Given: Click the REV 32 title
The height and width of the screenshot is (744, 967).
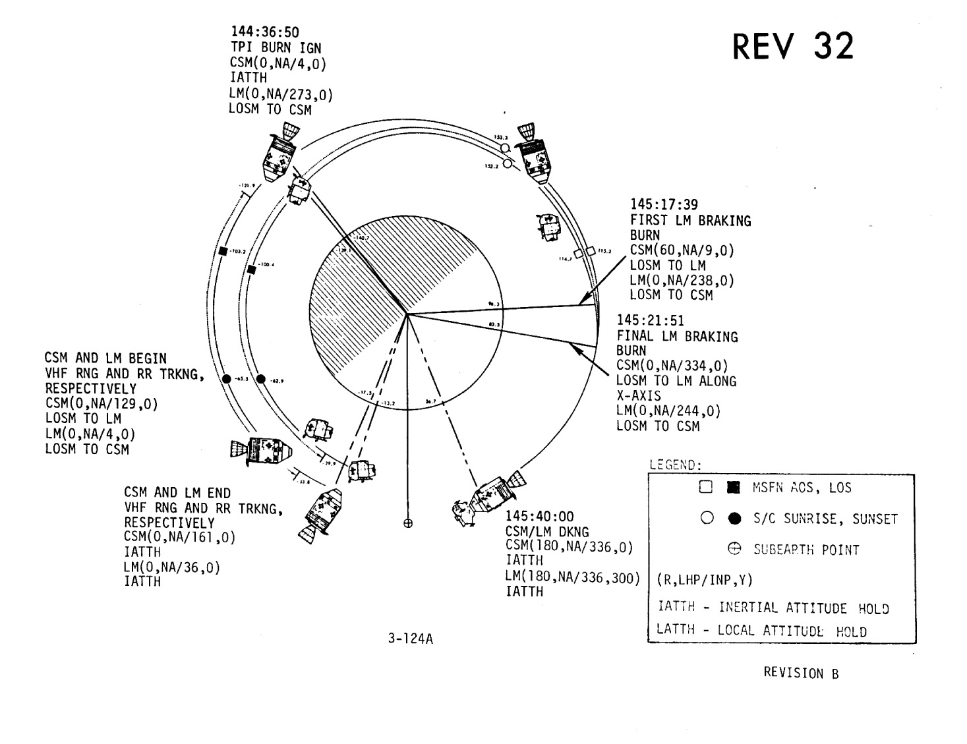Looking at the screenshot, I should tap(793, 46).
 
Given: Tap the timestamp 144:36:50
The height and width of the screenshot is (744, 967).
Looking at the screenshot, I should tap(263, 32).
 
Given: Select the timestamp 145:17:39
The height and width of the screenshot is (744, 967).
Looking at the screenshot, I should tap(664, 204).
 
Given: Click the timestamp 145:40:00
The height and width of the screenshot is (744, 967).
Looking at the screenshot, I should tap(539, 516).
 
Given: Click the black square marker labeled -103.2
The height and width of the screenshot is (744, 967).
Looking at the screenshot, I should tap(223, 251).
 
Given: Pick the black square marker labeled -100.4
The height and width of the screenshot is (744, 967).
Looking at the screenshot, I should tap(251, 270).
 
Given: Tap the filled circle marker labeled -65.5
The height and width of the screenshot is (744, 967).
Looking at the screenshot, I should tap(227, 379).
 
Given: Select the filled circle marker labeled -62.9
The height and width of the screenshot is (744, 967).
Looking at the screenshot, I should tap(260, 379).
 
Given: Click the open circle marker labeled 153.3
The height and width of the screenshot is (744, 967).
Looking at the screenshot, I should tap(504, 148).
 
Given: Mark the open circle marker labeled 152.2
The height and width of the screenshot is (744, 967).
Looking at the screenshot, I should tap(507, 163).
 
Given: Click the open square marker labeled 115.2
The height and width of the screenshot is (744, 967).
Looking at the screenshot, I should tap(591, 250).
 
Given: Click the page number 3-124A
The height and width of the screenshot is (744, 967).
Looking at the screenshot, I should tap(410, 639).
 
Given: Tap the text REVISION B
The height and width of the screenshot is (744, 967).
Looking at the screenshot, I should tap(801, 673).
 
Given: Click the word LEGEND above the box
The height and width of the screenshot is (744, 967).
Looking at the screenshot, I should tap(675, 465).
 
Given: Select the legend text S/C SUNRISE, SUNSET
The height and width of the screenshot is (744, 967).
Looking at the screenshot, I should tap(826, 519).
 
